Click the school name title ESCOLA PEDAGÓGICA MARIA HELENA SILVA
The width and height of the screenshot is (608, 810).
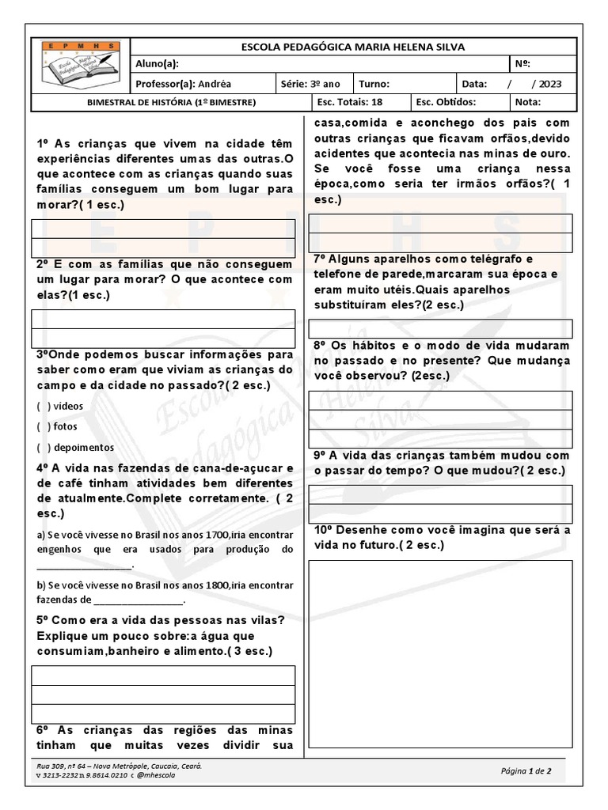pyautogui.click(x=353, y=47)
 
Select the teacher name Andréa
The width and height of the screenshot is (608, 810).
pyautogui.click(x=215, y=83)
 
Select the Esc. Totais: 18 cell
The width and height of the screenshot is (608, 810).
pyautogui.click(x=349, y=102)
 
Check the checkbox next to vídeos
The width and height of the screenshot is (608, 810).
pyautogui.click(x=44, y=406)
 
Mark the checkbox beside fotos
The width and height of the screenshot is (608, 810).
pyautogui.click(x=44, y=426)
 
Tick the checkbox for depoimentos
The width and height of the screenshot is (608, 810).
pyautogui.click(x=44, y=447)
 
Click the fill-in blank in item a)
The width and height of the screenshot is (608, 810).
pyautogui.click(x=85, y=565)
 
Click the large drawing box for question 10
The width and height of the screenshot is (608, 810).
pyautogui.click(x=440, y=653)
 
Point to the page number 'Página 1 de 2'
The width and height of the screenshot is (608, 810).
pyautogui.click(x=526, y=770)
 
